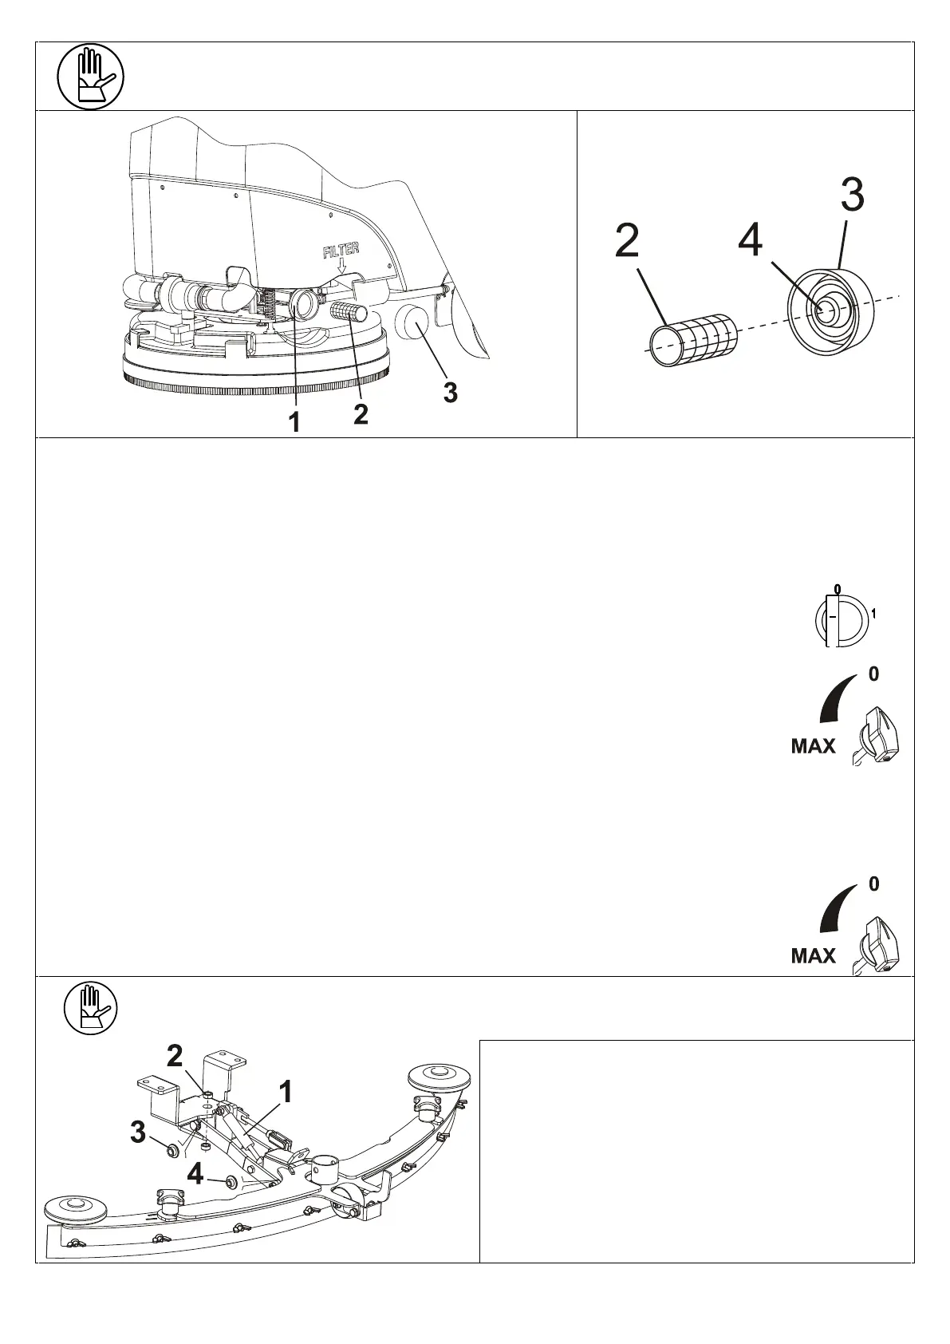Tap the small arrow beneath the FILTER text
point(342,267)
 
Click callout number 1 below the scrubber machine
point(294,421)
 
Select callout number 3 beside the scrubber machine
point(451,393)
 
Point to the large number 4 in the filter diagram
point(750,240)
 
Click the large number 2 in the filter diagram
point(627,241)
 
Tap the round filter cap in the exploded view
point(826,310)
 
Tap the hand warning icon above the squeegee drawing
point(90,1008)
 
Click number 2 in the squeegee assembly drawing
point(175,1057)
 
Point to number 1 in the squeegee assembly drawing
point(284,1091)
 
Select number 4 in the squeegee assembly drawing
point(195,1173)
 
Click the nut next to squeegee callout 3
point(170,1150)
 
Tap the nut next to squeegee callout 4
point(231,1182)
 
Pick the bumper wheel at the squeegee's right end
point(439,1077)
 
